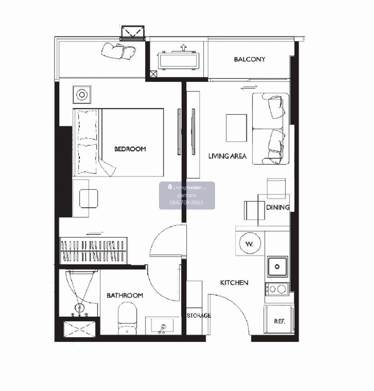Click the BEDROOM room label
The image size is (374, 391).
(x=130, y=149)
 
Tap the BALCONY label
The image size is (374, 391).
(x=249, y=59)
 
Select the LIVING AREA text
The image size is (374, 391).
(x=227, y=156)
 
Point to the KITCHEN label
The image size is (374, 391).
(x=234, y=283)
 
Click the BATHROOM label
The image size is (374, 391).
(x=125, y=295)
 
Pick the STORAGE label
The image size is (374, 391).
(x=199, y=315)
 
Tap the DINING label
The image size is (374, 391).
(x=278, y=207)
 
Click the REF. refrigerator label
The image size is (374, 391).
(x=280, y=321)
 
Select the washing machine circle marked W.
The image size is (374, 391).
(x=250, y=243)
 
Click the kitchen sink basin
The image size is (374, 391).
(x=277, y=266)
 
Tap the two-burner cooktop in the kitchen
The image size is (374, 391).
(x=277, y=289)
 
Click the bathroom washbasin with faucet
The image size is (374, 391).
(x=162, y=326)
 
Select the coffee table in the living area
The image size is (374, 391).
(x=236, y=128)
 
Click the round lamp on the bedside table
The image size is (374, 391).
(x=82, y=95)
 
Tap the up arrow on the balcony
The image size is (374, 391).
(x=183, y=48)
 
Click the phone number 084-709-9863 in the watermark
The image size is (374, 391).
(x=186, y=203)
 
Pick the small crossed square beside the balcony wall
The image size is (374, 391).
(x=153, y=74)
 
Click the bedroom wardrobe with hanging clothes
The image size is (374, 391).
(x=93, y=251)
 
